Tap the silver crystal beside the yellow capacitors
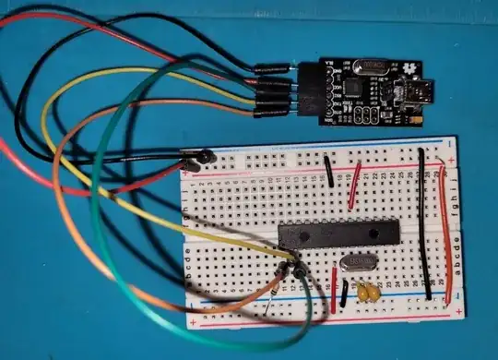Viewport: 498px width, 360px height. click(353, 263)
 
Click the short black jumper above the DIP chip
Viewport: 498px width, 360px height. click(328, 171)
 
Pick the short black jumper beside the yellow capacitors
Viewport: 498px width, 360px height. click(344, 293)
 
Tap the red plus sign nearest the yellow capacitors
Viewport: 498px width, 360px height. click(458, 313)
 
